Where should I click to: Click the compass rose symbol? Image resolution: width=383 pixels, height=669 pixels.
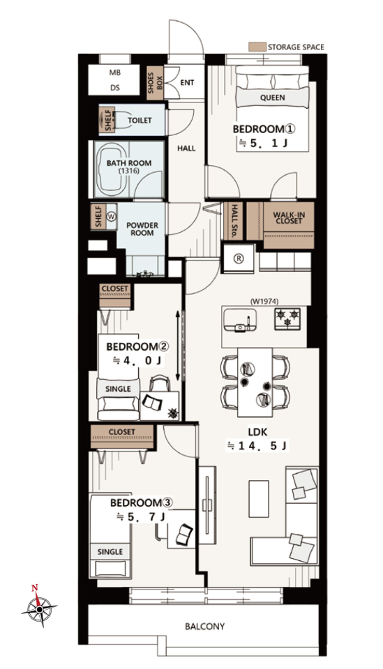click(x=39, y=608)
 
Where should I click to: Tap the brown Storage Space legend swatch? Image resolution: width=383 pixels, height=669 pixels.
click(x=257, y=47)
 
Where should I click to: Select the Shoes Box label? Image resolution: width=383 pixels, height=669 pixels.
click(x=156, y=83)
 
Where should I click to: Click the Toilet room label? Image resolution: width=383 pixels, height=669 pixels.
click(x=140, y=121)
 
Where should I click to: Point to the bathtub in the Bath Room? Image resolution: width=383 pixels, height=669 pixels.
click(x=111, y=169)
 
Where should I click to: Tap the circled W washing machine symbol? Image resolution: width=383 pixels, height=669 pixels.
click(x=112, y=216)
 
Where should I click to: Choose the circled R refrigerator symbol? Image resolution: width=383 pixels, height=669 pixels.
click(x=239, y=258)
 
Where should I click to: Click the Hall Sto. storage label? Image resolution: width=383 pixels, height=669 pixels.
click(x=234, y=221)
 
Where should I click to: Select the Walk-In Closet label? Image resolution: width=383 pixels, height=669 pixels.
click(x=288, y=218)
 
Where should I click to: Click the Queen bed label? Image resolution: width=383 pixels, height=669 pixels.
click(x=272, y=98)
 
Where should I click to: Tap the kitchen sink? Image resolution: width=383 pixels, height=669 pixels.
click(x=239, y=320)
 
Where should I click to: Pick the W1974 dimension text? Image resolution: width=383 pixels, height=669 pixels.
click(x=264, y=301)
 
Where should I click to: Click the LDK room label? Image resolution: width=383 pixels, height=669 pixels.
click(x=257, y=432)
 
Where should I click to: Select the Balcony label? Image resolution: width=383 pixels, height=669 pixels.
click(x=204, y=626)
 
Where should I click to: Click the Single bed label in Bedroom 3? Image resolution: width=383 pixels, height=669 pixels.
click(x=110, y=552)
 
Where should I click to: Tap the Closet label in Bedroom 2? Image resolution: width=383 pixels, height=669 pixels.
click(x=115, y=289)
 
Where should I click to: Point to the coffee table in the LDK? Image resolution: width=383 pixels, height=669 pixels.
click(x=259, y=499)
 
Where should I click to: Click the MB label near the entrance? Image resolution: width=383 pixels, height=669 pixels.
click(x=114, y=73)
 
